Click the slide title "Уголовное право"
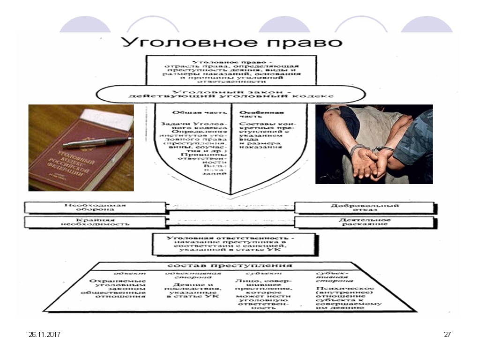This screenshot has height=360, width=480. [232, 42]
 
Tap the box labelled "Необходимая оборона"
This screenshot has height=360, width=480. [95, 208]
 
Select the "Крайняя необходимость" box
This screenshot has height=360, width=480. [95, 222]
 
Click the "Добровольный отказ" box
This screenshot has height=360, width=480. [365, 208]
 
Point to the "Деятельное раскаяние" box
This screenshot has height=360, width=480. [365, 222]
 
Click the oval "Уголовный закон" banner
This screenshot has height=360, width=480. [230, 94]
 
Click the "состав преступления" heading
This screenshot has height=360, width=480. [230, 265]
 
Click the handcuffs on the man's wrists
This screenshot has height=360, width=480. [370, 150]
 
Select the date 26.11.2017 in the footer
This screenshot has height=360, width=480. [45, 335]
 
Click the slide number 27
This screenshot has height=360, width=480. [447, 335]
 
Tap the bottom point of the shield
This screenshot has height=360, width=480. [231, 194]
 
